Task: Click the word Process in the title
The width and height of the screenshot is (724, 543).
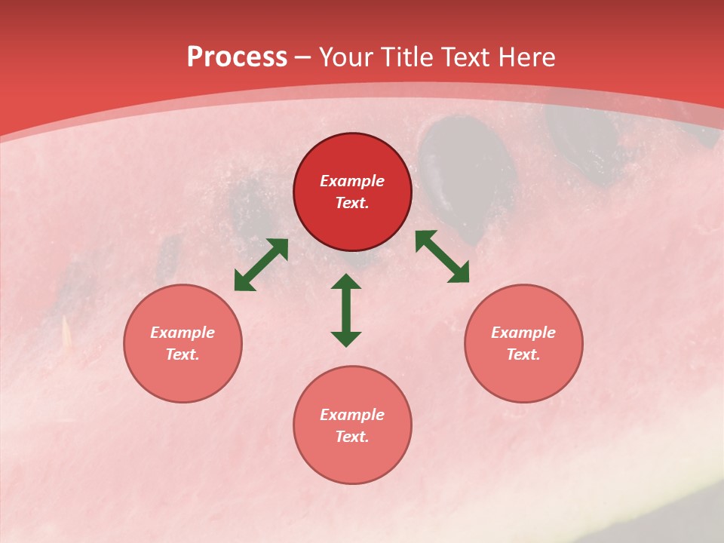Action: [237, 57]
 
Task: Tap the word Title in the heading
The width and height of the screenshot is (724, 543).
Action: [407, 57]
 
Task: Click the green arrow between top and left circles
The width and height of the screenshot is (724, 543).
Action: [261, 265]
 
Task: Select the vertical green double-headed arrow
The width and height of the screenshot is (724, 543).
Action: [346, 310]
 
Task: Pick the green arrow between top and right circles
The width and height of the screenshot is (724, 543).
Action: [442, 256]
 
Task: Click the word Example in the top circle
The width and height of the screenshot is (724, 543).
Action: [352, 181]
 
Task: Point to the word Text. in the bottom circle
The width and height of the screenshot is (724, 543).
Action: [352, 437]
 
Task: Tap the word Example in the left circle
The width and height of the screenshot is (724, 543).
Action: [183, 333]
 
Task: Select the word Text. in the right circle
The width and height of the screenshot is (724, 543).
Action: [523, 354]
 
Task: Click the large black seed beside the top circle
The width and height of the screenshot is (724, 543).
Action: [468, 177]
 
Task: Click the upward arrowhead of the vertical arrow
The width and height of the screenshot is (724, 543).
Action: [346, 282]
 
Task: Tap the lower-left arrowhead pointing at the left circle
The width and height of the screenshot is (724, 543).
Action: [244, 281]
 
